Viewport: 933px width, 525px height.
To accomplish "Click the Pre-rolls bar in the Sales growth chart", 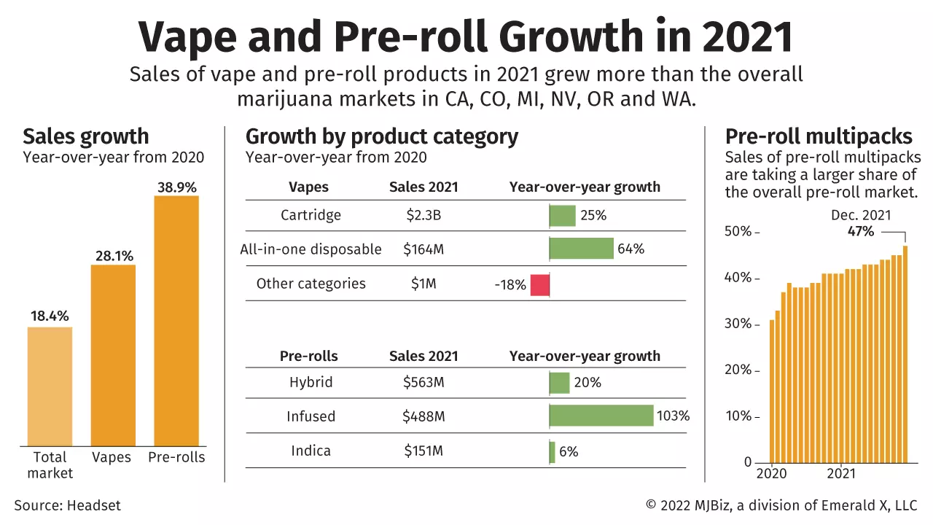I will coord(176,321).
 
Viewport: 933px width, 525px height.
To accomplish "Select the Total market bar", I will coord(50,386).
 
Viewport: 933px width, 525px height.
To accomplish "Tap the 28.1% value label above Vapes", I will coord(113,256).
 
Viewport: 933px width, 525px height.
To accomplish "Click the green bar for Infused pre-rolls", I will coord(601,416).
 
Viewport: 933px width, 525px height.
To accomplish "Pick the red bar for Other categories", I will coord(539,284).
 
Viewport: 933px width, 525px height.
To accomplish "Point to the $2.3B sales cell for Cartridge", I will coord(423,215).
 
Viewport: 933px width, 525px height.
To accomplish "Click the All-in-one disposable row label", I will coord(311,249).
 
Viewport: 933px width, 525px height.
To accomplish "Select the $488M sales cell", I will coord(423,416).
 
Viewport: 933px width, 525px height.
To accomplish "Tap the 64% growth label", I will coord(631,249).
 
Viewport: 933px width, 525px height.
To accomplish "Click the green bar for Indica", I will coord(552,451).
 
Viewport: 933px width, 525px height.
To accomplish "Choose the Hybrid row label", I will coord(311,382).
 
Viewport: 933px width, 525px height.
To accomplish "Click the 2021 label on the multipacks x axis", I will coord(840,473).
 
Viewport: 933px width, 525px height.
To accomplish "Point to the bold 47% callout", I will coord(860,231).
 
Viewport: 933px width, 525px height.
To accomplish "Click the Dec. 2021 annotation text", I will coord(861,215).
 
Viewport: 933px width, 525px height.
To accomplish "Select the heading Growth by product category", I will coord(381,136).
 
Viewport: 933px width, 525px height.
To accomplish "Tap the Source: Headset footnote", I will coord(67,505).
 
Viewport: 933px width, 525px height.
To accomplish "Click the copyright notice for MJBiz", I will coord(781,505).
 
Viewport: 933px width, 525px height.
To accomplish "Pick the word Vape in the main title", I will coord(182,36).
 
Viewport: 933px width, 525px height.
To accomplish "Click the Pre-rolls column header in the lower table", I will coord(309,356).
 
